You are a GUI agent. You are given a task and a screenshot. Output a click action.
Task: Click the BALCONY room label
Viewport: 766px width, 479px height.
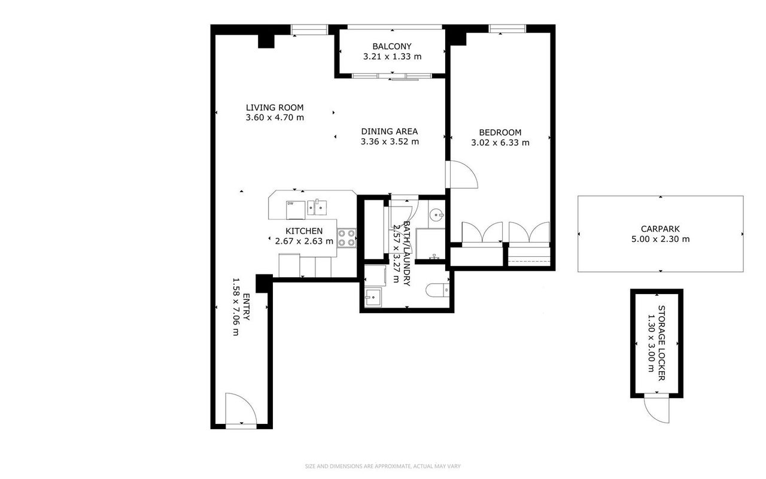(392, 46)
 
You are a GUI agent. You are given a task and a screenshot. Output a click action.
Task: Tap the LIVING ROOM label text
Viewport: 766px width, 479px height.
(275, 107)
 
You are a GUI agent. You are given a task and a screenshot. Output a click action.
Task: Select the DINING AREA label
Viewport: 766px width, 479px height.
(390, 131)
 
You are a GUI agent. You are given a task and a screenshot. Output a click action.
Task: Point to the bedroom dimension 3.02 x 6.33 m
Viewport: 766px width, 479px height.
(500, 143)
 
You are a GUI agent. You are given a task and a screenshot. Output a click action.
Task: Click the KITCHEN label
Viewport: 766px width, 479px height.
(304, 231)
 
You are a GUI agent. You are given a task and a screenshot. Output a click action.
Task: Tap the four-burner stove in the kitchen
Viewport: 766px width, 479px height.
(346, 238)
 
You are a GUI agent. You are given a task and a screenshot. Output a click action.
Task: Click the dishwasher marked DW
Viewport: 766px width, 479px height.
(296, 210)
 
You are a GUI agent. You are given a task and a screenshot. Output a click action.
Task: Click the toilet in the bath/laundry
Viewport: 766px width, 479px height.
(437, 290)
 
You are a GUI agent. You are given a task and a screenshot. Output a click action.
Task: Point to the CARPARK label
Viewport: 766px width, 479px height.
(660, 229)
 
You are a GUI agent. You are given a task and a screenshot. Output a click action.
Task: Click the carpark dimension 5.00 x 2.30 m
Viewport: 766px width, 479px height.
(660, 239)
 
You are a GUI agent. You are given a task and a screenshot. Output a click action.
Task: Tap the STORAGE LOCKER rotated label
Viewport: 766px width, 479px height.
(662, 343)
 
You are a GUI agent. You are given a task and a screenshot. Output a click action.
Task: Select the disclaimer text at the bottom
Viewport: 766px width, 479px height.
(382, 466)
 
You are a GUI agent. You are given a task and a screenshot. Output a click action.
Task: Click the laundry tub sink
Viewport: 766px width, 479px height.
(373, 298)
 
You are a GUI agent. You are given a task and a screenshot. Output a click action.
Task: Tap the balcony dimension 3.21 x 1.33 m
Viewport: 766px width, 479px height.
(392, 56)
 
